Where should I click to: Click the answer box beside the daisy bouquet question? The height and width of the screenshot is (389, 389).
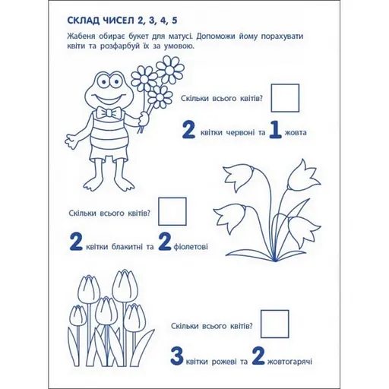(x=285, y=98)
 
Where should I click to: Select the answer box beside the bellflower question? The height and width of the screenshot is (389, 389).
(x=172, y=211)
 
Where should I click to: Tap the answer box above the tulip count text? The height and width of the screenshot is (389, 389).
(x=275, y=324)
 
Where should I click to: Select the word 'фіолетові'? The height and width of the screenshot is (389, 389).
(x=191, y=246)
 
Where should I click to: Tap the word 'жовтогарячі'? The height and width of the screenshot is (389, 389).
(x=289, y=362)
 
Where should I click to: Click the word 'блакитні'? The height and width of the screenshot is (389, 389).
(x=127, y=246)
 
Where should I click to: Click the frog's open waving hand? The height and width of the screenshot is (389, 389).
(x=73, y=140)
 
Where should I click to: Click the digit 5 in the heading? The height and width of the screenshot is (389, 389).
(x=174, y=21)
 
